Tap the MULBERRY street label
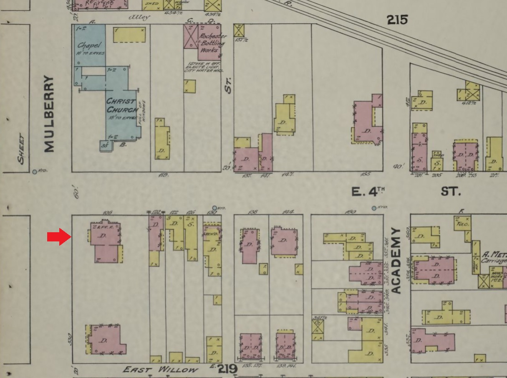(x=49, y=114)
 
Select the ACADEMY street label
(x=396, y=260)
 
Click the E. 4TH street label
(x=368, y=192)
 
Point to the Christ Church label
(x=121, y=105)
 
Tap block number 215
(x=397, y=20)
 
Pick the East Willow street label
(x=160, y=370)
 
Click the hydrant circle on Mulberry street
(x=35, y=171)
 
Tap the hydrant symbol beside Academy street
(x=374, y=208)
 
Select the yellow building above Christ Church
(x=129, y=35)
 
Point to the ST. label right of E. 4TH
(x=451, y=192)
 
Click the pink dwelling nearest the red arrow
(x=105, y=242)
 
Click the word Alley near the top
(x=139, y=18)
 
